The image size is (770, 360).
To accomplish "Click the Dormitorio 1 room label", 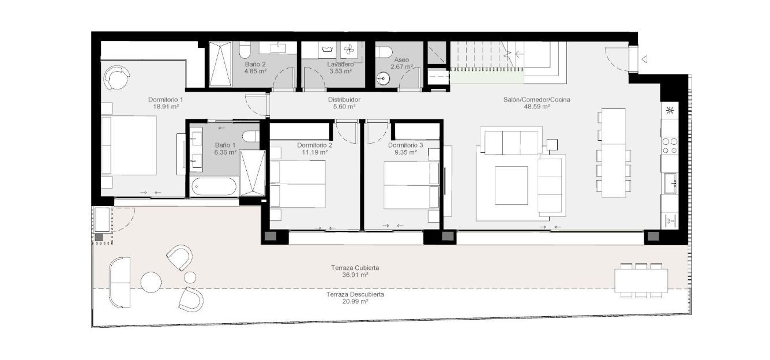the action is (x=166, y=100).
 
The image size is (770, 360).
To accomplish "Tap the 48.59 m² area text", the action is (x=536, y=107).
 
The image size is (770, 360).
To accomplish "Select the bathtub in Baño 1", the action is (x=214, y=186).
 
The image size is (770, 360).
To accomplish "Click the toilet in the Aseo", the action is (x=384, y=52).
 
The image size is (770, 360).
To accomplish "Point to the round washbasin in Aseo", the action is (x=383, y=78).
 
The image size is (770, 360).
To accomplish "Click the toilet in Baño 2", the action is (x=245, y=51).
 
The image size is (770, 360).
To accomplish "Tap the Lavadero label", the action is (x=340, y=64).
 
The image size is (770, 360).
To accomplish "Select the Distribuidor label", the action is (x=344, y=100).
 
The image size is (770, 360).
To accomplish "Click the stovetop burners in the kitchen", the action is (x=670, y=146).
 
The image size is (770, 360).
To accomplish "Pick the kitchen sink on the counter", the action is (x=670, y=183).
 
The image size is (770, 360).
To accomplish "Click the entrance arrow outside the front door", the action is (x=644, y=59).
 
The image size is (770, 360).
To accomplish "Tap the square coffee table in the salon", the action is (x=511, y=185).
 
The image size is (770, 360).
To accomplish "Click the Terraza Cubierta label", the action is (x=355, y=268).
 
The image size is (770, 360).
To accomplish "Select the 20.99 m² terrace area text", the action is (x=355, y=302).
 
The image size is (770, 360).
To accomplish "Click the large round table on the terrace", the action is (x=151, y=282).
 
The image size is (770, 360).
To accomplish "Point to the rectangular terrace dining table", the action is (x=641, y=280).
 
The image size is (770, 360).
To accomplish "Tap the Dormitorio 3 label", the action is (x=405, y=145).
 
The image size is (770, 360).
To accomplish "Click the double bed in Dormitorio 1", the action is (x=129, y=145).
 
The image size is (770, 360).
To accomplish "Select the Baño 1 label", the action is (x=225, y=145).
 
